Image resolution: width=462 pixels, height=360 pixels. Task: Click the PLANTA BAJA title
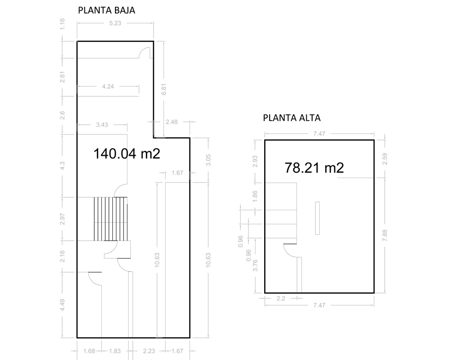(x=106, y=10)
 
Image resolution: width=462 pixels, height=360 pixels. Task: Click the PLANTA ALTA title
(x=291, y=118)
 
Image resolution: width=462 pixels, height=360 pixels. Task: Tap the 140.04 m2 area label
(x=127, y=154)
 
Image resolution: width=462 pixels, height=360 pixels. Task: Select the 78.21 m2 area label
(x=314, y=168)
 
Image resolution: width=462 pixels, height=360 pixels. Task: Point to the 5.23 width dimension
(x=115, y=23)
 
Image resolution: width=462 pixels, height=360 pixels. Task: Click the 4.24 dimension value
(x=108, y=87)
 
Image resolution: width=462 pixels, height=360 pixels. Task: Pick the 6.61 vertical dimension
(x=164, y=89)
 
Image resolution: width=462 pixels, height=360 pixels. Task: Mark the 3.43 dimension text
(x=102, y=125)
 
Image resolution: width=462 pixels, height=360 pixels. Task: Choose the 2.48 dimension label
(x=172, y=122)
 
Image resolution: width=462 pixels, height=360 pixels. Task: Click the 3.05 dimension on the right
(x=208, y=160)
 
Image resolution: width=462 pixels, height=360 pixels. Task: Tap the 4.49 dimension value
(x=62, y=305)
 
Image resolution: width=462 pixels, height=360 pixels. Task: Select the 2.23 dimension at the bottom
(x=149, y=351)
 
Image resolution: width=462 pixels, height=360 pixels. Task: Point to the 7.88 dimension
(x=385, y=235)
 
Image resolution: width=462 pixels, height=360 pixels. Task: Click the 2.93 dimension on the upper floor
(x=255, y=161)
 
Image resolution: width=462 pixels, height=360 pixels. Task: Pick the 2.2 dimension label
(x=281, y=298)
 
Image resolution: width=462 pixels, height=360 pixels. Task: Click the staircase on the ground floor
(x=111, y=219)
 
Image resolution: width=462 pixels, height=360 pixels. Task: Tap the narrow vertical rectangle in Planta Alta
(x=317, y=218)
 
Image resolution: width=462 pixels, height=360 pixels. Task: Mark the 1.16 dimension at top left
(x=62, y=24)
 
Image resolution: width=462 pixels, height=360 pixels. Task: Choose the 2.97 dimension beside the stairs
(x=62, y=219)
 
